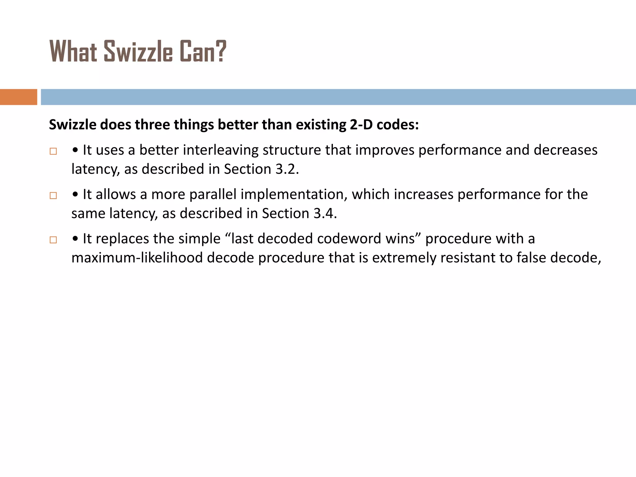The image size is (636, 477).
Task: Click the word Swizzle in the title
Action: click(138, 52)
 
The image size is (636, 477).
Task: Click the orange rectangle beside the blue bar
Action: click(18, 97)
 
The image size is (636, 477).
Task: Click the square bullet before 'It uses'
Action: click(53, 151)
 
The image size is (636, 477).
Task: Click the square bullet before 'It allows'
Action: click(53, 196)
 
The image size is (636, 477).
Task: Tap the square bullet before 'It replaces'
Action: click(53, 240)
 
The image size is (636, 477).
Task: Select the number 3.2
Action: click(287, 169)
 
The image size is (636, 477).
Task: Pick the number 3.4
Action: click(325, 214)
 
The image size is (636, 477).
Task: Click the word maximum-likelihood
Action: click(137, 258)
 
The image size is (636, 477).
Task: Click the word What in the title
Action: click(73, 52)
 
